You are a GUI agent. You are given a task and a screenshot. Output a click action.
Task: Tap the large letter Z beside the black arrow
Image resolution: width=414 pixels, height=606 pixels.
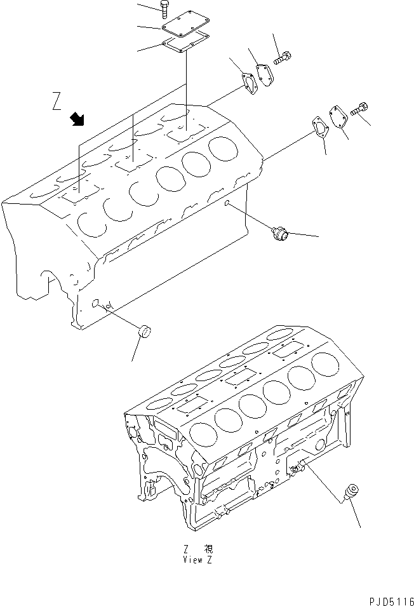click(58, 101)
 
